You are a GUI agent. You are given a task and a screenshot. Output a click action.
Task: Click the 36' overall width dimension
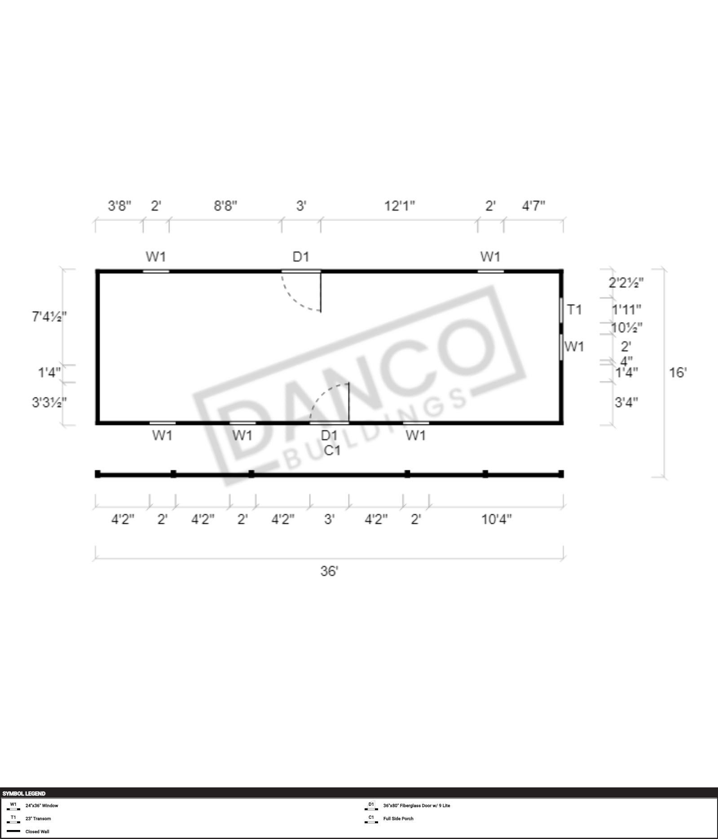(329, 571)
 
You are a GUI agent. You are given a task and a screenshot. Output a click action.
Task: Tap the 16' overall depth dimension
(678, 372)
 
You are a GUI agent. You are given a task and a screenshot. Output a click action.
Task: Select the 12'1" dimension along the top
(399, 206)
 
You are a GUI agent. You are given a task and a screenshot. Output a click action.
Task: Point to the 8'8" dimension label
(225, 206)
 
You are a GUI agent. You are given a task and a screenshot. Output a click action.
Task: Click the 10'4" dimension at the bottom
(497, 519)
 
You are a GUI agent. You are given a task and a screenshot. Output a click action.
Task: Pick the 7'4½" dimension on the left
(49, 317)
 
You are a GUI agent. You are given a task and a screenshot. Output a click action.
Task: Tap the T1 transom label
(574, 309)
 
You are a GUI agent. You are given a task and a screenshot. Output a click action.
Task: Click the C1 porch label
(332, 450)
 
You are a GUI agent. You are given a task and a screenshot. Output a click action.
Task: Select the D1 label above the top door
(301, 257)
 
